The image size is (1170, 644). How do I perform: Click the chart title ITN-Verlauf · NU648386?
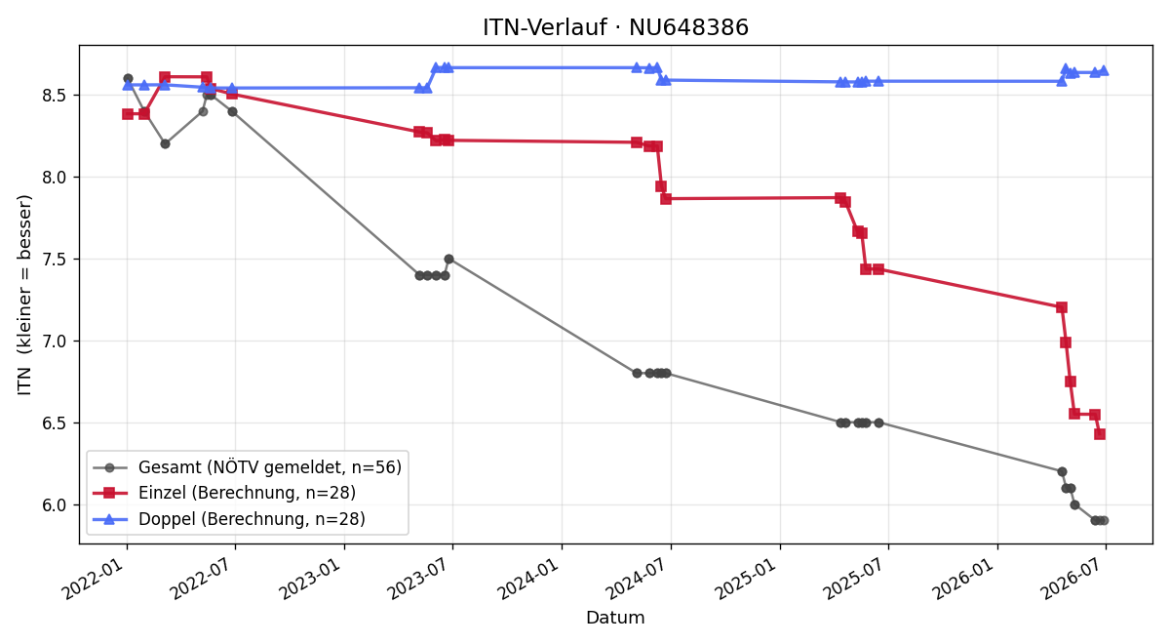[615, 27]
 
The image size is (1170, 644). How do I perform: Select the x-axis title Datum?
[615, 618]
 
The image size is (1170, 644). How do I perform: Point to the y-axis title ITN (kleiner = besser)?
[24, 295]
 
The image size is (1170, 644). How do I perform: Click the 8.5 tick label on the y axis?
[54, 96]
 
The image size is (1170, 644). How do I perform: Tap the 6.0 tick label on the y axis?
[54, 505]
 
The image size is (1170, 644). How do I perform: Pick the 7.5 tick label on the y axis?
[54, 260]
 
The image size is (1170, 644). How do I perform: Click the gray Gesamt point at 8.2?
[165, 143]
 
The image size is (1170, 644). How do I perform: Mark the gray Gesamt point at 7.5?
[448, 260]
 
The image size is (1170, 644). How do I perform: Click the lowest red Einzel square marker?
[1100, 434]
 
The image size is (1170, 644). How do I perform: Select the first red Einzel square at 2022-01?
[128, 114]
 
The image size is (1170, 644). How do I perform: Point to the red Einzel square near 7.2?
[1062, 307]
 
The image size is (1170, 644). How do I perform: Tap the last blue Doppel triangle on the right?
[1104, 70]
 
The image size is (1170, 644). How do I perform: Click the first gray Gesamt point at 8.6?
[128, 78]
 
